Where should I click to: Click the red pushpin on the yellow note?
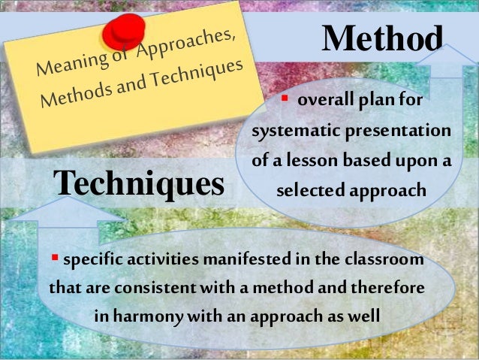[x=125, y=31]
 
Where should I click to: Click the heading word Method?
[x=382, y=38]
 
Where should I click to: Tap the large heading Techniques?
[x=139, y=183]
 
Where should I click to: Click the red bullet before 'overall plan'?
[x=285, y=100]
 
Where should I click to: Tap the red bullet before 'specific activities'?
[x=54, y=259]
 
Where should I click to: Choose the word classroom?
[x=385, y=260]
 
